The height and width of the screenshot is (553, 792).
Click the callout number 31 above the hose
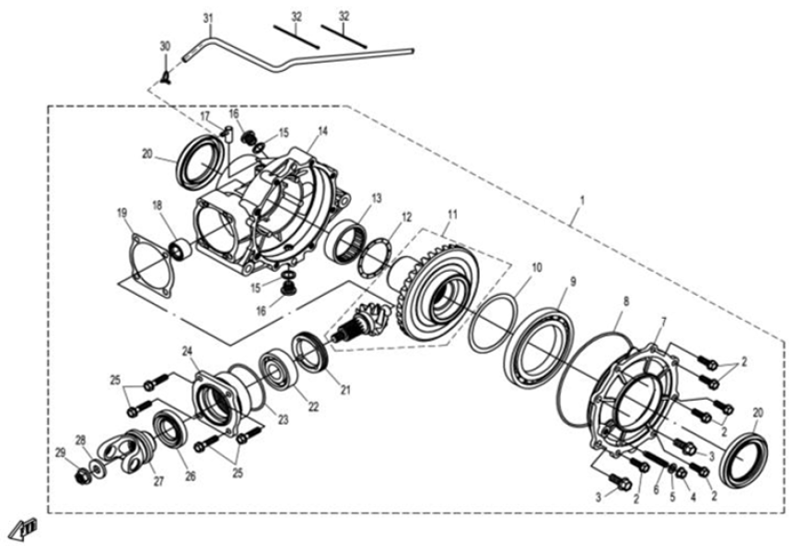(207, 18)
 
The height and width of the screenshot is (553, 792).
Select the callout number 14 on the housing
(322, 132)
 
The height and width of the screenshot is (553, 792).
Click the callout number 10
(536, 267)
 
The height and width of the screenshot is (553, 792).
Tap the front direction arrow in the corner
(20, 529)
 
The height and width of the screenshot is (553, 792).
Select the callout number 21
(345, 390)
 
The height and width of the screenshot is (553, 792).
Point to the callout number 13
(376, 198)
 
